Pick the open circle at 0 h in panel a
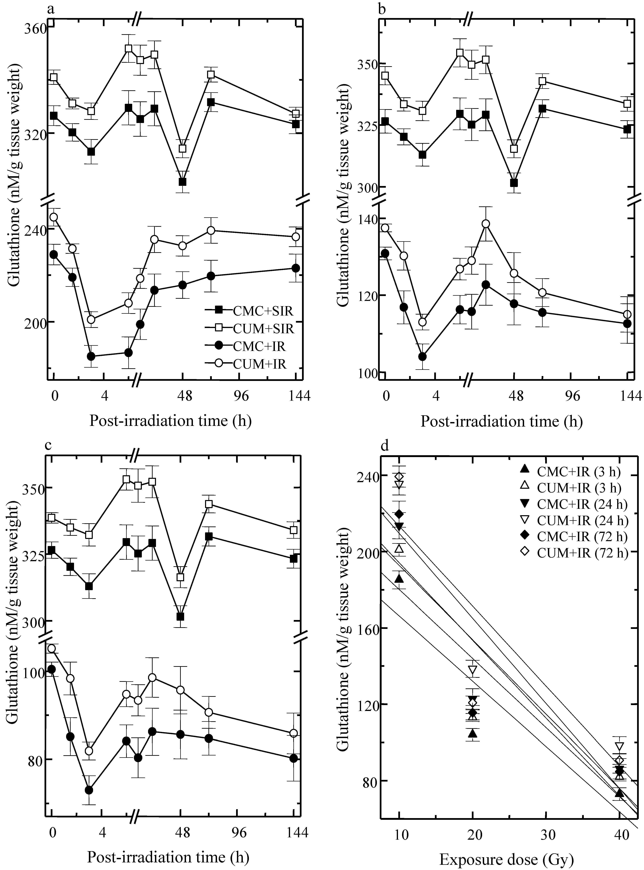tap(54, 217)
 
